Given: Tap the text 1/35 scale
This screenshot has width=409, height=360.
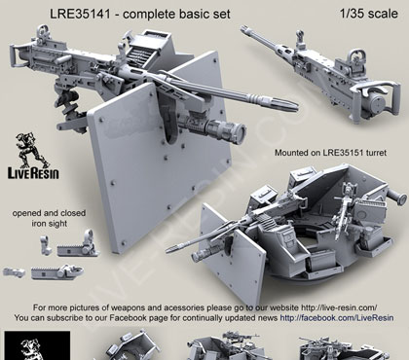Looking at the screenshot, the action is point(369,14).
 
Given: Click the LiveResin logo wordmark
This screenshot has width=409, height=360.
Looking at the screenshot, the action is point(33,173).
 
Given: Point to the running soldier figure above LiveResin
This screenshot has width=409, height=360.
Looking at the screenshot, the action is point(31,149).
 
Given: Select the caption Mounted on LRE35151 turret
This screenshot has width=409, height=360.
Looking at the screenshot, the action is point(330,153).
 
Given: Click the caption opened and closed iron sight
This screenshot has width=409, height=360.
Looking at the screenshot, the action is point(49,218).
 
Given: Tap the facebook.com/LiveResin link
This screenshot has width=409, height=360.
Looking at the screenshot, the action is point(337,318).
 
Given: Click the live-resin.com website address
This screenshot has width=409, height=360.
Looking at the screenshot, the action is point(339,307).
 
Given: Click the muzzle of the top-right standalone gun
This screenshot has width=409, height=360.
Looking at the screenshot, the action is point(243,29).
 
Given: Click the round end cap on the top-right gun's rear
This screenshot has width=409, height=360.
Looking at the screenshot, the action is point(377,103).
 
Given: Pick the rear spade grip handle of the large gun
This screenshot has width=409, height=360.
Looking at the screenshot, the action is point(15,55).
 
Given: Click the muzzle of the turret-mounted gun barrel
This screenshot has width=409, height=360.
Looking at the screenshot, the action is point(169,249).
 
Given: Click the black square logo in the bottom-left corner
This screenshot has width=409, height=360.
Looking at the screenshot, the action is point(37,345).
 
